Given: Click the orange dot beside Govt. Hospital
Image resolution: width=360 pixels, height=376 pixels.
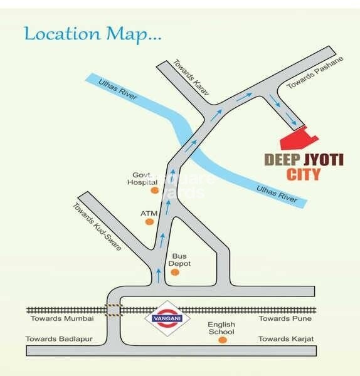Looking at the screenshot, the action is [154, 190].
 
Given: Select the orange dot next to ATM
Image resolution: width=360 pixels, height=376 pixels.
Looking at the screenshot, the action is [149, 226].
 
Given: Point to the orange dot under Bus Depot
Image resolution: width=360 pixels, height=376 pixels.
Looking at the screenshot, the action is [174, 274].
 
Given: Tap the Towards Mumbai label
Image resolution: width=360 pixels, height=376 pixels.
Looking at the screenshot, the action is [62, 318].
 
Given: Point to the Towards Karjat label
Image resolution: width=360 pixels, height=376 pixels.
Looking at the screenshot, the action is [286, 339].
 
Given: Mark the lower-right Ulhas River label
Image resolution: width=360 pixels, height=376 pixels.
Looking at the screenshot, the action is [276, 192].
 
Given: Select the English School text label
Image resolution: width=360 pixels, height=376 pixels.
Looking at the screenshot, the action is [222, 329].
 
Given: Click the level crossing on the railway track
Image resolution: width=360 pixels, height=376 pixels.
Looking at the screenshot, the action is [113, 310].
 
